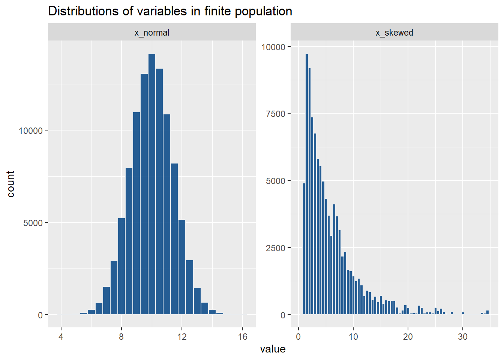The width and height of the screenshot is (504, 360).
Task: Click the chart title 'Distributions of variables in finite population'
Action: point(170,11)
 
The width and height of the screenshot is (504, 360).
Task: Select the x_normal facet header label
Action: point(152,33)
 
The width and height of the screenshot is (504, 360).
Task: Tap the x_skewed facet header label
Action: point(394,33)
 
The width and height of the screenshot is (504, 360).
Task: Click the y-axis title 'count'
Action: point(10,184)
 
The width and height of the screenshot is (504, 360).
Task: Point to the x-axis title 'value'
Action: point(273,349)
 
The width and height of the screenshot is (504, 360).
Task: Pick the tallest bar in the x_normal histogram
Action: point(152,184)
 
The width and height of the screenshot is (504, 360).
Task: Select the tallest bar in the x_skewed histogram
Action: point(307,184)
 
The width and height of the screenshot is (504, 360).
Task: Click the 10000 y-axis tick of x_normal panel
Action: point(31,130)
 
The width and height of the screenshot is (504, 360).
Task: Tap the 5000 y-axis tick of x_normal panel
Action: point(33,223)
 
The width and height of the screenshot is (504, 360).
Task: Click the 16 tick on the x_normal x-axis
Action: point(243,337)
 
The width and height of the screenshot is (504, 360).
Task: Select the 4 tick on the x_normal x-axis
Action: point(61,337)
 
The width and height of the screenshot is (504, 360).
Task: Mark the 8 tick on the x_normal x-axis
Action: point(121,337)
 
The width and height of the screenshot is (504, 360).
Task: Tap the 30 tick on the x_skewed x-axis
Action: point(463,337)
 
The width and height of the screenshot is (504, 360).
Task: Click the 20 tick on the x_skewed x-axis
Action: point(408,337)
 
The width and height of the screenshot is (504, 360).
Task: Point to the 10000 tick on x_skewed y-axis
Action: point(273,47)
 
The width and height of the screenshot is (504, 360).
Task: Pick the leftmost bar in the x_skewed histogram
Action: point(304,249)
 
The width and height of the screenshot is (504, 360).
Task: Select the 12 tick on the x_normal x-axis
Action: point(182,337)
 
